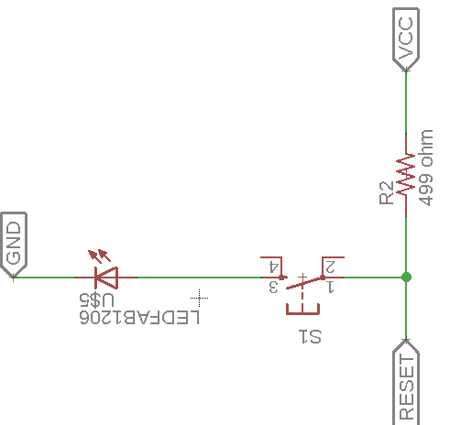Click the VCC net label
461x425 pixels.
click(x=406, y=39)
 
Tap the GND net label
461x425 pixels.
click(x=14, y=245)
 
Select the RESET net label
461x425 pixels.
click(x=406, y=382)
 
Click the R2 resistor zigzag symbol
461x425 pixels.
click(x=406, y=175)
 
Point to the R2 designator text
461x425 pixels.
click(x=386, y=192)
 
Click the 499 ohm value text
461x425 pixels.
click(x=426, y=168)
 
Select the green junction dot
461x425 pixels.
click(x=406, y=278)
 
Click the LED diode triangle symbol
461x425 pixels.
click(x=106, y=278)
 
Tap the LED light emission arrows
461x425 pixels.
click(x=99, y=256)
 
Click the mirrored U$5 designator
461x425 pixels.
click(x=96, y=300)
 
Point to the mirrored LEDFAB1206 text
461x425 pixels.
click(x=139, y=317)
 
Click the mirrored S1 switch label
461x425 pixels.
click(x=310, y=336)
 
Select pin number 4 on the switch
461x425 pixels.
click(x=273, y=267)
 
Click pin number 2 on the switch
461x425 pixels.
click(x=330, y=267)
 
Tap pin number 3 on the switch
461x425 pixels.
click(x=273, y=288)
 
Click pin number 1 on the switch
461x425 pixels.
click(x=330, y=288)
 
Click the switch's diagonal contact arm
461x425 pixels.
click(x=304, y=283)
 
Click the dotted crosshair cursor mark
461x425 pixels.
click(x=199, y=298)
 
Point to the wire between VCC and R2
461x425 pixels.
click(x=406, y=103)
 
